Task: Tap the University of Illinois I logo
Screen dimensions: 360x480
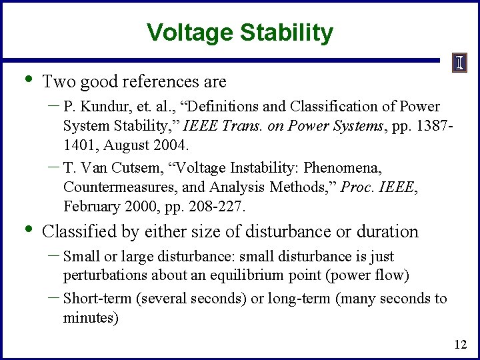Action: [x=460, y=63]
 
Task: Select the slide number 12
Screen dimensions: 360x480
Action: [x=460, y=345]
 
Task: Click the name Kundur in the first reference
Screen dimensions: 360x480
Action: [x=101, y=107]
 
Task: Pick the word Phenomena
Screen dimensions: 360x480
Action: [x=343, y=167]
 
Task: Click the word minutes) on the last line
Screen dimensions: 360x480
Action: [x=90, y=319]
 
